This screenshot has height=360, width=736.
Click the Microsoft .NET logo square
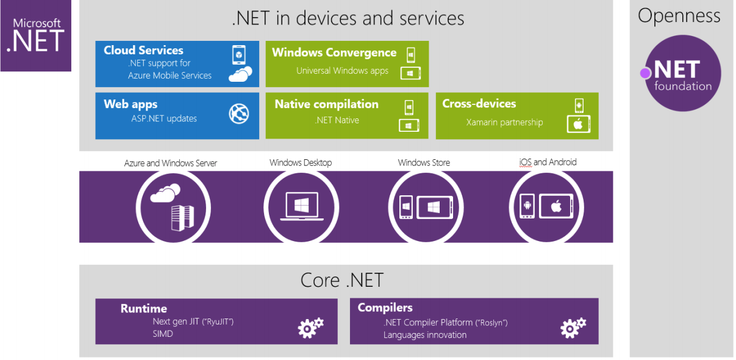click(35, 35)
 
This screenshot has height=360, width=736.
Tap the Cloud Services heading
click(143, 51)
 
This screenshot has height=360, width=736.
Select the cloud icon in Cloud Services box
click(240, 74)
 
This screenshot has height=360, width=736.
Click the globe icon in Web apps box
click(239, 113)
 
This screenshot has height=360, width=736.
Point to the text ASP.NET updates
click(164, 118)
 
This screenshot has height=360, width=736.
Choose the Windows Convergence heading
click(334, 53)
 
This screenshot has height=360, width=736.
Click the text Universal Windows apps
click(342, 71)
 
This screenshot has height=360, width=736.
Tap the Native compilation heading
click(326, 104)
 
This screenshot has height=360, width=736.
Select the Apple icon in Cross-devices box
click(579, 124)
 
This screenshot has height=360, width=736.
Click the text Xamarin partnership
click(504, 122)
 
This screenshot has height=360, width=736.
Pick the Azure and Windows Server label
click(171, 163)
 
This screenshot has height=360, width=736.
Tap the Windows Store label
click(424, 163)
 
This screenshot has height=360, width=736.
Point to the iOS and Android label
click(548, 162)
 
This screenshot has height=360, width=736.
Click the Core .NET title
click(341, 280)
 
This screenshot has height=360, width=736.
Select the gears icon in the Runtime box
click(310, 328)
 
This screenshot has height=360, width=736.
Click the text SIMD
click(163, 334)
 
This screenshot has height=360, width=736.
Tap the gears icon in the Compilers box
click(573, 328)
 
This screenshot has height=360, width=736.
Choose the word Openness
click(679, 16)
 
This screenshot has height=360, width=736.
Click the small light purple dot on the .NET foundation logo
click(645, 73)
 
